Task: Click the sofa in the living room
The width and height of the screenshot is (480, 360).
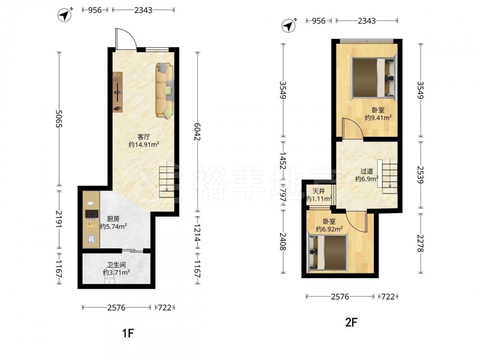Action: pos(165,90)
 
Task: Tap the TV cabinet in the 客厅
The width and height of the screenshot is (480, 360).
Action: pos(118,92)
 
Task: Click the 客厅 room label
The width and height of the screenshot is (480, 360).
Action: pos(144,136)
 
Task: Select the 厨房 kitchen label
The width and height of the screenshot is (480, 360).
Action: pos(113,219)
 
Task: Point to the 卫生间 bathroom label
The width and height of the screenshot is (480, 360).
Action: pos(116,265)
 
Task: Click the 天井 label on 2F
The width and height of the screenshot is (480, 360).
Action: pos(318,192)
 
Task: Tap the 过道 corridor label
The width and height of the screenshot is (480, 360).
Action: pos(366,171)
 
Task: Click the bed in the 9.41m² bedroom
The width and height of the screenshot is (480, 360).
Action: pos(373,77)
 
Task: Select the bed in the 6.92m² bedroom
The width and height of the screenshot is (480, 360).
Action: pos(327,252)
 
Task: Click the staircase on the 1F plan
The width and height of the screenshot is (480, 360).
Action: pos(167,179)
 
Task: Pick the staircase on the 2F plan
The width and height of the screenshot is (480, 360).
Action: pos(387,176)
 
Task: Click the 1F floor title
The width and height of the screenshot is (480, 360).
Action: pos(128,333)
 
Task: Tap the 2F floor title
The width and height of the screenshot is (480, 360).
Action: pos(351,322)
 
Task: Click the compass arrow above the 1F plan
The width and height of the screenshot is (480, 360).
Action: pos(65,15)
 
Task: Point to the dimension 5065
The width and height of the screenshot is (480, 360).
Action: pos(59,119)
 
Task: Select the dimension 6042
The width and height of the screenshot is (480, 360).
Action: pos(197,132)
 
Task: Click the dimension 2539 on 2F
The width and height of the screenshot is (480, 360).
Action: pos(421,175)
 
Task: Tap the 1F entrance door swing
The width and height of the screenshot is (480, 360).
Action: pos(126,38)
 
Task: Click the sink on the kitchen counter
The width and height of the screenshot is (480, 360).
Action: pos(91,239)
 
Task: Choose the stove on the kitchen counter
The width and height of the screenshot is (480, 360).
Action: pos(91,214)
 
